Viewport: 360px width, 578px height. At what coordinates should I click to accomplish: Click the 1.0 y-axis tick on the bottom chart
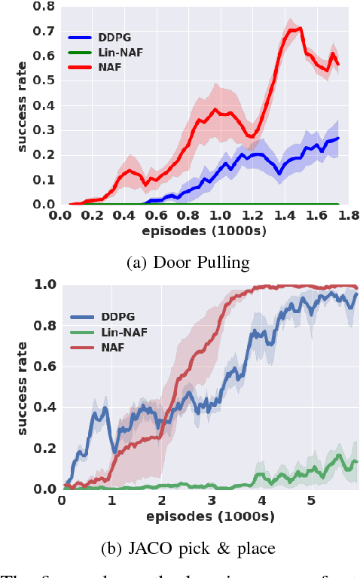(x=45, y=285)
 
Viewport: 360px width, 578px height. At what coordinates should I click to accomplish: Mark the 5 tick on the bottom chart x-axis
(x=310, y=500)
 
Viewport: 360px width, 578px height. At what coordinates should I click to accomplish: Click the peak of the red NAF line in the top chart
(x=301, y=29)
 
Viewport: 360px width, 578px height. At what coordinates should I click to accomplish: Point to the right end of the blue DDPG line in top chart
(x=338, y=138)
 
